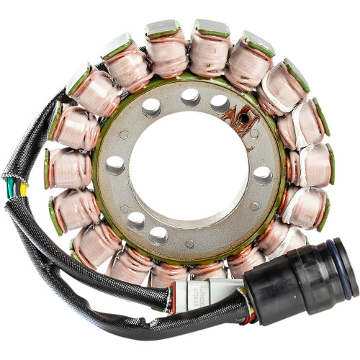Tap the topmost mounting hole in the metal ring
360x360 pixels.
coord(190,95)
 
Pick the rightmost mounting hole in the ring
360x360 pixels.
coord(263,174)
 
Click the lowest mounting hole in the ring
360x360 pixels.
coord(158,234)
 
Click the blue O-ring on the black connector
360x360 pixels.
coord(346,268)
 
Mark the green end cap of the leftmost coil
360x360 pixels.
coord(48,168)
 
